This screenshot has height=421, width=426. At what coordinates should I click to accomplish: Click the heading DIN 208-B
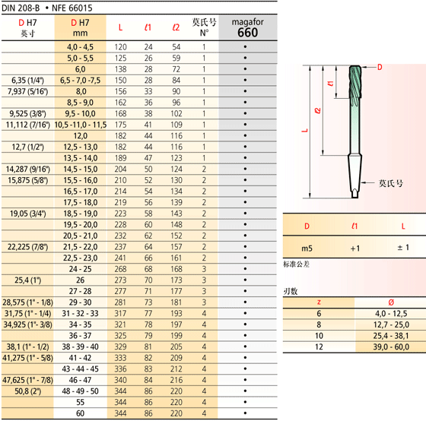[21, 8]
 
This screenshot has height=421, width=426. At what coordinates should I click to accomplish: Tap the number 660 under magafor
[247, 33]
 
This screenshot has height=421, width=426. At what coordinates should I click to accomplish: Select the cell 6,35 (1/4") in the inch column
[27, 81]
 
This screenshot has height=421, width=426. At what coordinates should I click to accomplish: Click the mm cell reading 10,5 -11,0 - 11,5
[81, 125]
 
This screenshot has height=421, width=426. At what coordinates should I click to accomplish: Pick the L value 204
[120, 169]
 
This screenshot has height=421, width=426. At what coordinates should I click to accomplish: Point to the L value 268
[120, 269]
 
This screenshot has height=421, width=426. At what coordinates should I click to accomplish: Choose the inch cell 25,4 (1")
[27, 280]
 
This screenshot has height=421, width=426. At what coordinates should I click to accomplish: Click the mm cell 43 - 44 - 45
[80, 369]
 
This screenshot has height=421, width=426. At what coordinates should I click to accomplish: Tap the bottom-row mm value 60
[80, 413]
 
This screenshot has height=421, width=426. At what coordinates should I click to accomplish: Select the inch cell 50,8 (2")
[27, 391]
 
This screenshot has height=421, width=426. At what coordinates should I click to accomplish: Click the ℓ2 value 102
[176, 113]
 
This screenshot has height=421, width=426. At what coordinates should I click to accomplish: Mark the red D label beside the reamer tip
[380, 67]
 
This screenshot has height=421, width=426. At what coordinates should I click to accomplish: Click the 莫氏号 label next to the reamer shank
[391, 183]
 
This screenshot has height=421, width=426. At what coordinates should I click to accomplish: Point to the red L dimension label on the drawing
[305, 131]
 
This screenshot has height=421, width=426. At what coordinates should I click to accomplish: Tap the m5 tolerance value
[307, 248]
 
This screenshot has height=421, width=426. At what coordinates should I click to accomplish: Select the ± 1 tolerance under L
[403, 248]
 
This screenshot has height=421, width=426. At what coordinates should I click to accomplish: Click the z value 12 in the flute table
[319, 347]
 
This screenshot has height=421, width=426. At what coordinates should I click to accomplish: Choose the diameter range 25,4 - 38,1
[391, 336]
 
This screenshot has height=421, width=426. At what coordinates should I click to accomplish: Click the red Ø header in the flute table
[391, 302]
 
